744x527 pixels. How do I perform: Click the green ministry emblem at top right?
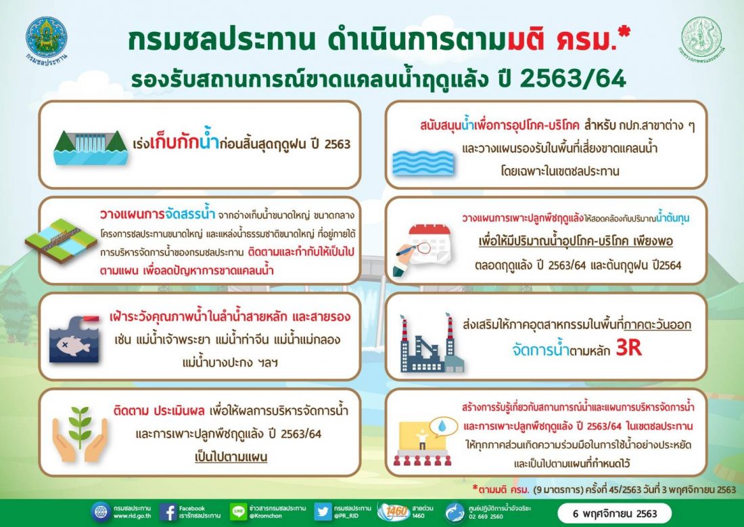[x=702, y=37]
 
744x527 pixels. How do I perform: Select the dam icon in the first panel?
[x=91, y=147]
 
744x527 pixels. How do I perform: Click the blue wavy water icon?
[x=423, y=163]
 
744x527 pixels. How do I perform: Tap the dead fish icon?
[x=74, y=339]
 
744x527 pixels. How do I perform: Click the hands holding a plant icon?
[x=80, y=434]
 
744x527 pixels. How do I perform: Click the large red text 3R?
[x=629, y=348]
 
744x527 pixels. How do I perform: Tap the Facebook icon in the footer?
[x=168, y=512]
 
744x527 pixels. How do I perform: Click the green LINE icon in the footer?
[x=238, y=512]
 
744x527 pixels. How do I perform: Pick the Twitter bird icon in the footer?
[x=323, y=512]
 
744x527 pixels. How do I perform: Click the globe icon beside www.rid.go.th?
[x=101, y=512]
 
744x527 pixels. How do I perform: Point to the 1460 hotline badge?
[x=394, y=512]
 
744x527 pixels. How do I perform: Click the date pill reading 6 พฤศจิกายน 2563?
[x=614, y=513]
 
